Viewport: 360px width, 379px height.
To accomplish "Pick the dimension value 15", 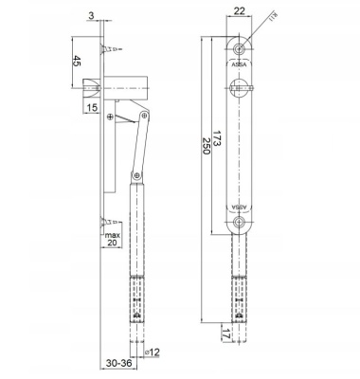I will click(x=92, y=109).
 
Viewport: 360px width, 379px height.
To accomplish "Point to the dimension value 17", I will click(x=223, y=334).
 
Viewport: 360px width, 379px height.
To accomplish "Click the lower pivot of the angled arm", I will click(x=135, y=174).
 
